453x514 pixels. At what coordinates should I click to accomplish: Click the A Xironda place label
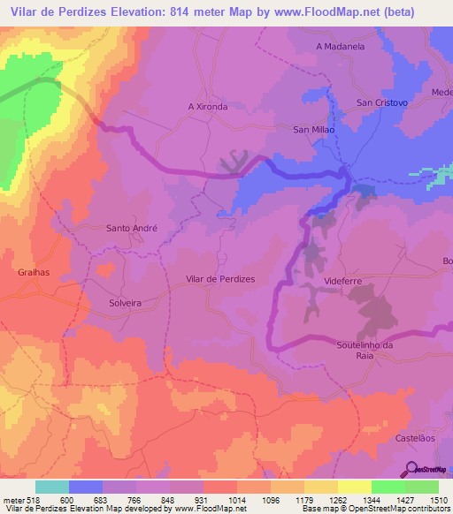(208, 106)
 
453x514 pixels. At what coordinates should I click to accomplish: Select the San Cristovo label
(381, 102)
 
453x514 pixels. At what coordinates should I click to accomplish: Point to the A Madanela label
(340, 46)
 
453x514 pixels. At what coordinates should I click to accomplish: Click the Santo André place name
(132, 227)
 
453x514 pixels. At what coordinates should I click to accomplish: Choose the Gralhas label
(34, 273)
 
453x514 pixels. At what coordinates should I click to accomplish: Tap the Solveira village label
(125, 302)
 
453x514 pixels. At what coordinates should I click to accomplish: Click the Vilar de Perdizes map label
(219, 279)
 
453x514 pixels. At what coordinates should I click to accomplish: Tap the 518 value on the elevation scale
(34, 500)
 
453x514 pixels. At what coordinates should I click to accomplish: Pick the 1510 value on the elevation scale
(438, 500)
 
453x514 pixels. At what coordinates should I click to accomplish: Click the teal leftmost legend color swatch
(51, 487)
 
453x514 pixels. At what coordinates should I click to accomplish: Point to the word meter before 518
(13, 500)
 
